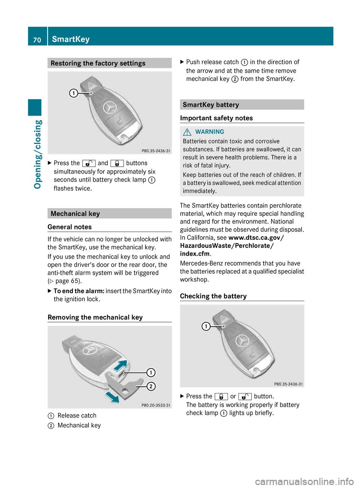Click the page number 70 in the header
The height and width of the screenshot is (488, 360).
click(37, 40)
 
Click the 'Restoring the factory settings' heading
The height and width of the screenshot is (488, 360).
click(98, 63)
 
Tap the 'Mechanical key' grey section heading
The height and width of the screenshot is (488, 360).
click(75, 214)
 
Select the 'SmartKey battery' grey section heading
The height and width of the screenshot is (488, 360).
click(211, 105)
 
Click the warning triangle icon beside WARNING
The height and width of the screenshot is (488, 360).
click(187, 132)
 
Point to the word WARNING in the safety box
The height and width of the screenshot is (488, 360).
click(210, 132)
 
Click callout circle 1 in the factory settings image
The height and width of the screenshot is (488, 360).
click(74, 93)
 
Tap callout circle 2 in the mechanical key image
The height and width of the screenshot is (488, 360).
click(151, 386)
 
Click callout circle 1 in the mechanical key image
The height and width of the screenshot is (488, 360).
click(151, 373)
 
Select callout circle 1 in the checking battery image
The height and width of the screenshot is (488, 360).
click(206, 326)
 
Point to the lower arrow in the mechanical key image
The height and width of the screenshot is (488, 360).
click(112, 397)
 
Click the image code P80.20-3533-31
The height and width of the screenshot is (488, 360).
click(156, 405)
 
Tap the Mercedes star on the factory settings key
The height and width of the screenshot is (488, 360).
click(110, 108)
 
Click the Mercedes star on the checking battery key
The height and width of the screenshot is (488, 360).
click(242, 341)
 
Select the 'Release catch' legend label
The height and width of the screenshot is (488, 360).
click(77, 416)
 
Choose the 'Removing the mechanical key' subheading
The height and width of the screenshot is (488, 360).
click(95, 317)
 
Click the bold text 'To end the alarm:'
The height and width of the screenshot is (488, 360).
click(79, 291)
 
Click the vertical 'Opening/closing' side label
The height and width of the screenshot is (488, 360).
click(38, 154)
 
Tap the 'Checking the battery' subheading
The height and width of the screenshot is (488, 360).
click(213, 296)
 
